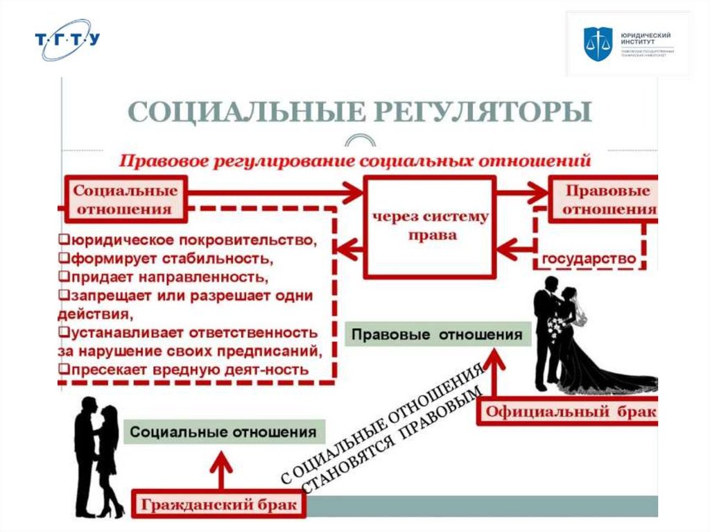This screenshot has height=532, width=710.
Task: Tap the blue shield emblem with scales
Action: pos(595,44)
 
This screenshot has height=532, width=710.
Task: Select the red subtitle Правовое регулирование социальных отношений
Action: pos(355,161)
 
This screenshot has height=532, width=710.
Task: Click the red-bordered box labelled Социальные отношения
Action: pos(125,199)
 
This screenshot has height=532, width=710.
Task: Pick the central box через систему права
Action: pos(430,226)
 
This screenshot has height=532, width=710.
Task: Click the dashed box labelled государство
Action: pos(589,259)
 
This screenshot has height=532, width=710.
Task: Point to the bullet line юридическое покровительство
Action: pos(187,241)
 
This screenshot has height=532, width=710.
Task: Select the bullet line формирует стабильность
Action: pos(166,259)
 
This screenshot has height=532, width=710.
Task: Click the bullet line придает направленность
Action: pos(166,277)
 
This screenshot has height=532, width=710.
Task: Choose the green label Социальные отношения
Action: pos(223,431)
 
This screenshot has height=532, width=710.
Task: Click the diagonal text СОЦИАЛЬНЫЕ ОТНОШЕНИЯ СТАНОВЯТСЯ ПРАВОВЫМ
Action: pos(385,429)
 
